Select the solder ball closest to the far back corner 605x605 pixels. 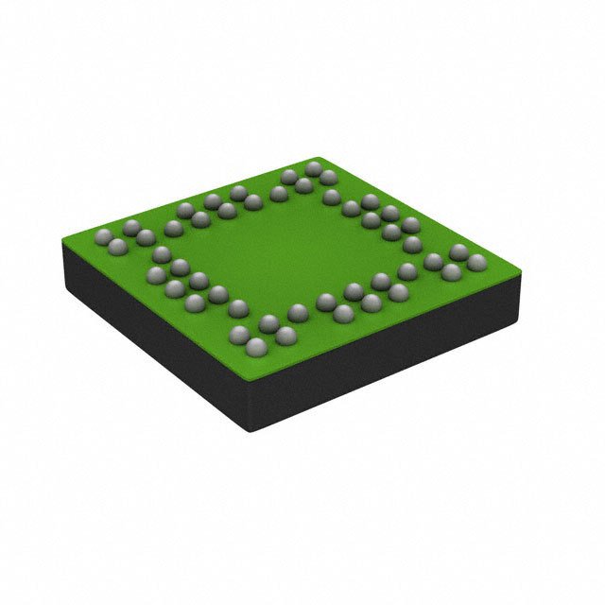point(315,168)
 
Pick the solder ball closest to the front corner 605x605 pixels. point(253,350)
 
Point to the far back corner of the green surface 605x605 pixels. point(321,157)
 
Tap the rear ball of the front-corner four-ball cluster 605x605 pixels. point(268,322)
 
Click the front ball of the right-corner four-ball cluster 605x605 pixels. point(451,273)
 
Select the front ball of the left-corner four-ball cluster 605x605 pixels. point(118,247)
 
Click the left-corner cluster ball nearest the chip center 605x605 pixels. point(145,237)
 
